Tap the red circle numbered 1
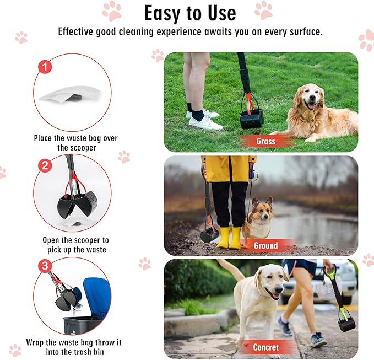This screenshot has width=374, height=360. [x=45, y=67]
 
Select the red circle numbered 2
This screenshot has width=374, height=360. [x=45, y=165]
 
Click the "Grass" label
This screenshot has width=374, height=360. [x=265, y=141]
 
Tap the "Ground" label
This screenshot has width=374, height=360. [x=265, y=244]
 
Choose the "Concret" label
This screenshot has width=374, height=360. [x=265, y=347]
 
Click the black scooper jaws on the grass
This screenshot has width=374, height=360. [x=251, y=118]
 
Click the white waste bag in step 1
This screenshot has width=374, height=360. [x=70, y=94]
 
